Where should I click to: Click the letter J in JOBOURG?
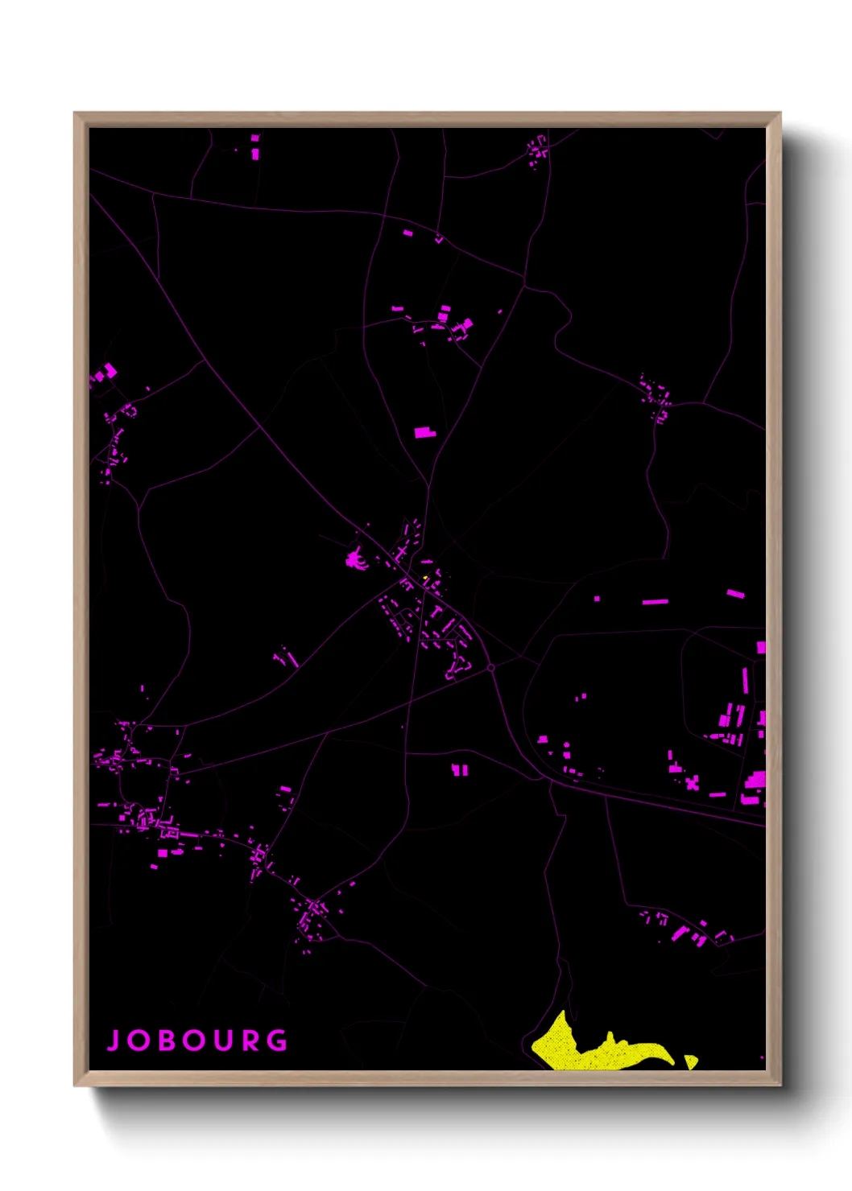(x=114, y=1041)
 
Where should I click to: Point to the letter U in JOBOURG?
(x=223, y=1041)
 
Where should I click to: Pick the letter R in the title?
(x=250, y=1041)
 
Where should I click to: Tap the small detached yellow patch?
(x=690, y=1061)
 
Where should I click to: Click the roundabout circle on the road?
(x=490, y=668)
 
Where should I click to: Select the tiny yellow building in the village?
(x=425, y=577)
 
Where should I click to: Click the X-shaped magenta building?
(x=692, y=782)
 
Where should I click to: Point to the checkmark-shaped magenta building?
(x=439, y=239)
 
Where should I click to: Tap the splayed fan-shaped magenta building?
(x=355, y=558)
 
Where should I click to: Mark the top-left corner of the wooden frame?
(x=75, y=113)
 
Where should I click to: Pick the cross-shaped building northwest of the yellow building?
(x=400, y=552)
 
